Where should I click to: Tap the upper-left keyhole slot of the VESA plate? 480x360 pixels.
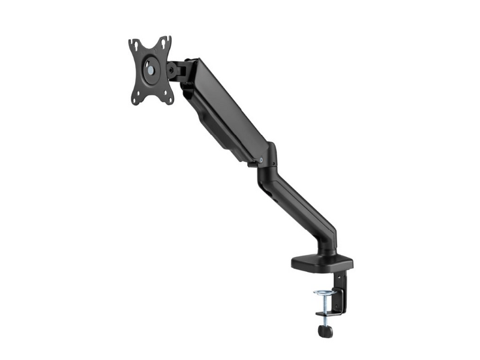(x=136, y=46)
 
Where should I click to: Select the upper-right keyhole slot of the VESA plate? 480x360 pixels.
(x=164, y=43)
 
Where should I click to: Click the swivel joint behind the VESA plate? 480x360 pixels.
(x=175, y=70)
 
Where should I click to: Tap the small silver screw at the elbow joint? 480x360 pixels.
(x=262, y=160)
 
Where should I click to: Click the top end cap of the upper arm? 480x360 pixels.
(x=192, y=63)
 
